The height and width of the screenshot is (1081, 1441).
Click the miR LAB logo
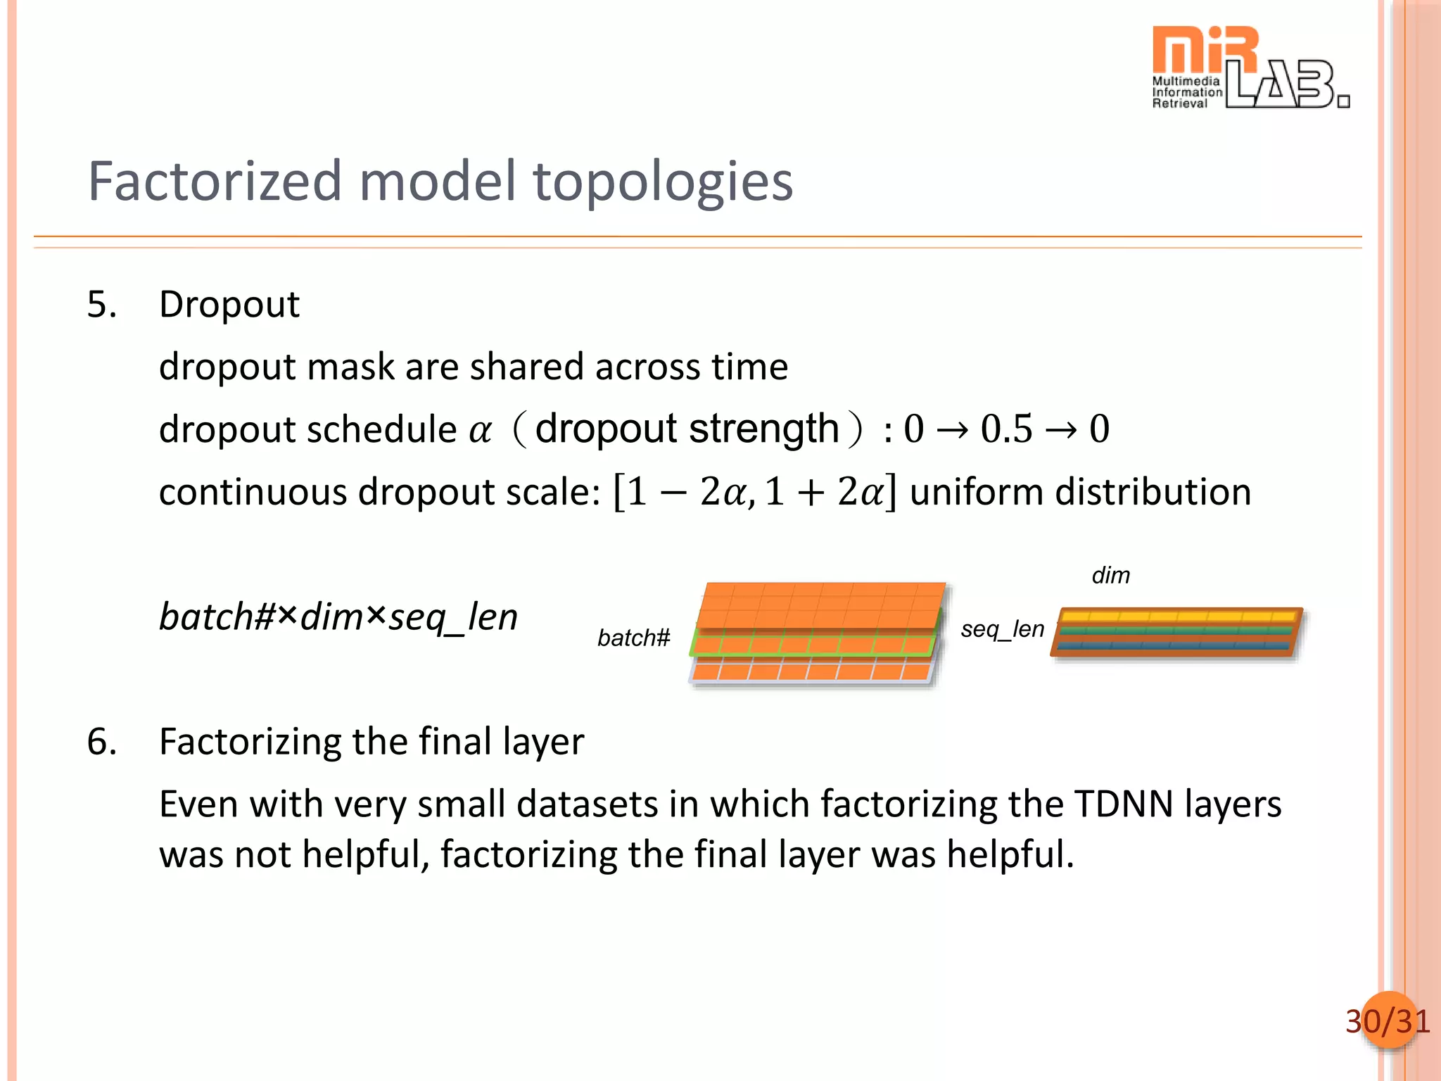point(1249,68)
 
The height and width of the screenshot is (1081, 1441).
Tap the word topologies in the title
point(663,182)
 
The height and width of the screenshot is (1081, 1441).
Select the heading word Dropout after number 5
point(229,305)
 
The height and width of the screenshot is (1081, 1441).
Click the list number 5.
point(101,305)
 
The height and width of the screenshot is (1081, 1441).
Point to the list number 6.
point(101,742)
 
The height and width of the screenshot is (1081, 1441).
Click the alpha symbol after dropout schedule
point(480,430)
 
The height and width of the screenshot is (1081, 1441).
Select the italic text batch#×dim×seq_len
point(338,617)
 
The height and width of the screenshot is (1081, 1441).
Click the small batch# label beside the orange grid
point(633,638)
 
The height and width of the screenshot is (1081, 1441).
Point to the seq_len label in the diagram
point(1002,628)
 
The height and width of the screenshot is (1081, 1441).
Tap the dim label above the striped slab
point(1110,576)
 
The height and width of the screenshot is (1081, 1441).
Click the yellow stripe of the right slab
point(1179,617)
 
